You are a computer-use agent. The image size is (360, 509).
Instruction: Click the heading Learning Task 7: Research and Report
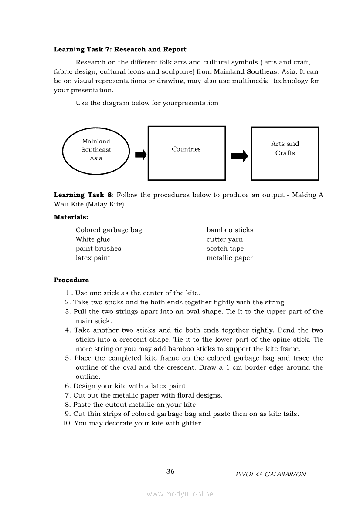[120, 50]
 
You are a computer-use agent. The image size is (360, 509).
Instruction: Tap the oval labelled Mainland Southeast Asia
[96, 150]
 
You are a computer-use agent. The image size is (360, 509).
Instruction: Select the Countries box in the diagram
[187, 153]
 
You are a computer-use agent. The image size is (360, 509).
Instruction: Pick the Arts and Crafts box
[285, 153]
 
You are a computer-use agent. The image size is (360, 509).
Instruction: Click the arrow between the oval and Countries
[141, 155]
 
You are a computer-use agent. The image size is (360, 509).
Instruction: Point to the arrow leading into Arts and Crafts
[239, 156]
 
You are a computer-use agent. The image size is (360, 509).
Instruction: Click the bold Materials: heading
[71, 217]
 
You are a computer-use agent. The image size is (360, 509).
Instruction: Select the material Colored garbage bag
[109, 230]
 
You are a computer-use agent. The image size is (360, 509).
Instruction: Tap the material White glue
[93, 239]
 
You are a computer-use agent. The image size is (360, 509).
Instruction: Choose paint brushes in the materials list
[98, 249]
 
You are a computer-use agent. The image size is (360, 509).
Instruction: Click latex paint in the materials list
[93, 258]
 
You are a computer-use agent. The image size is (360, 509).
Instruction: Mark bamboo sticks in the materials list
[230, 230]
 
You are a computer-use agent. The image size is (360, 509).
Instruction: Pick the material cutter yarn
[224, 239]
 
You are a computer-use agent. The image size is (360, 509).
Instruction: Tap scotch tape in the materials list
[225, 249]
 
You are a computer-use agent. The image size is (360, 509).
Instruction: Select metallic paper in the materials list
[229, 258]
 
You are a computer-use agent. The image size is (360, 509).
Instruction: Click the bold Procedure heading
[71, 280]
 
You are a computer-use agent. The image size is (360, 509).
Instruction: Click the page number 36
[170, 472]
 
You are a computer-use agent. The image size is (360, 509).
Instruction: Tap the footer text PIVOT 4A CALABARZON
[270, 474]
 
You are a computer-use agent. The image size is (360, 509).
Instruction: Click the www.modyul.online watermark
[180, 494]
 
